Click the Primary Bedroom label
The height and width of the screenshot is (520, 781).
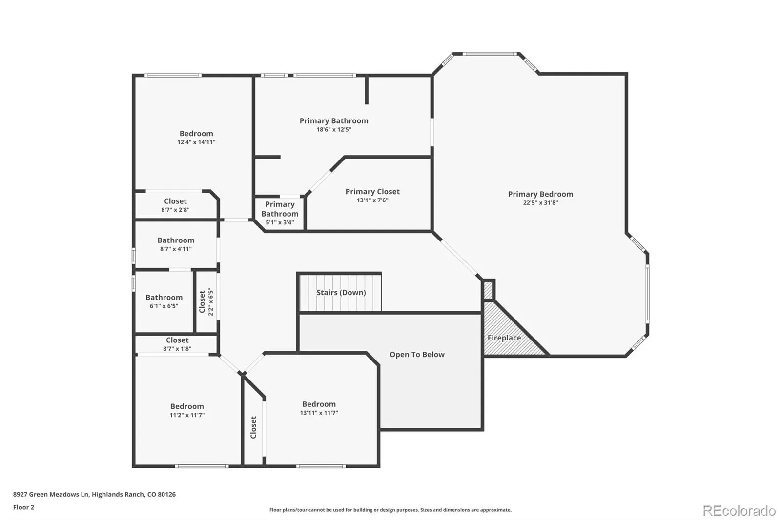(x=540, y=194)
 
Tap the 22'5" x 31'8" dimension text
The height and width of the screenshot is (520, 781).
(x=540, y=202)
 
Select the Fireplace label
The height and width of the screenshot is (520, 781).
(x=504, y=338)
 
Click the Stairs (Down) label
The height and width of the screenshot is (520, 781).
(x=341, y=292)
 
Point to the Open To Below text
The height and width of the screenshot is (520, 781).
(x=417, y=355)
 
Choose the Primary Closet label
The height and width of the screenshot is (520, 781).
(x=372, y=192)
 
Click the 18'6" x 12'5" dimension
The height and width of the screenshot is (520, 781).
(x=334, y=130)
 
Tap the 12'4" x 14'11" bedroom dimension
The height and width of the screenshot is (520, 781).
(x=196, y=142)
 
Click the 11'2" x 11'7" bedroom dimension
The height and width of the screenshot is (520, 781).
(x=187, y=415)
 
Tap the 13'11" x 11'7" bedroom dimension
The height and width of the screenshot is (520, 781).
(x=319, y=413)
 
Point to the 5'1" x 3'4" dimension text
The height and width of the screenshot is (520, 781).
(x=280, y=222)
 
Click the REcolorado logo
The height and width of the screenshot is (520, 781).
(x=739, y=511)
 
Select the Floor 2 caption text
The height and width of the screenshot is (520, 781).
(x=24, y=507)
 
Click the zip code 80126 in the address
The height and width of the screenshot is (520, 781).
(x=166, y=494)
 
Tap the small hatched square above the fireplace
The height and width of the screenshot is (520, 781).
(x=488, y=290)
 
